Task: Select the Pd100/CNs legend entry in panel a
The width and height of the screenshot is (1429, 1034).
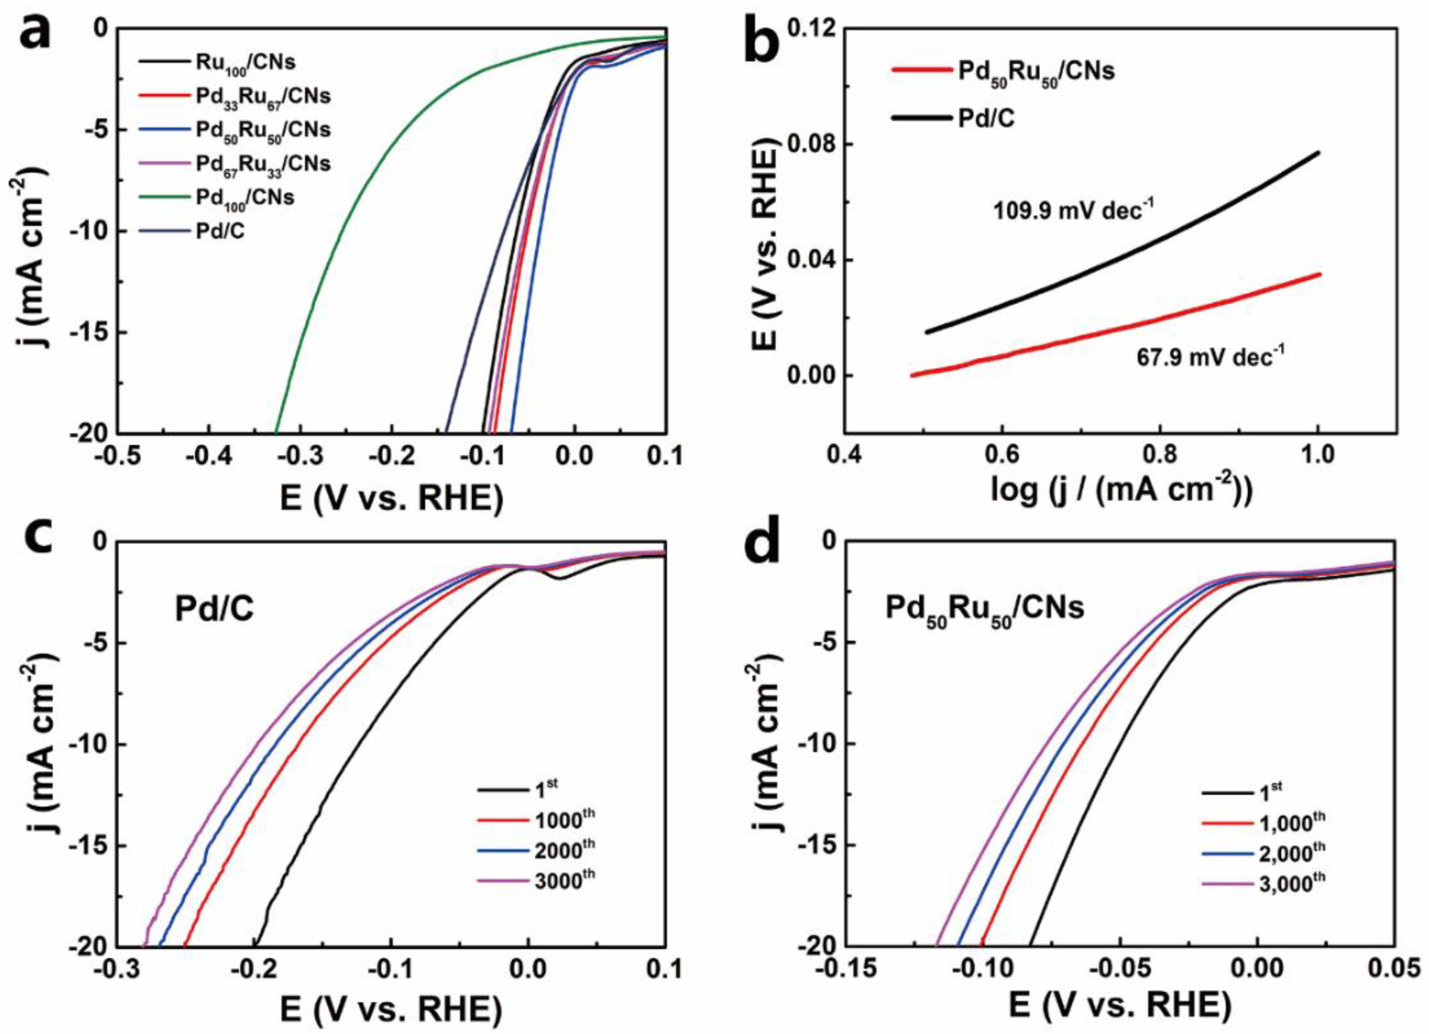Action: click(244, 198)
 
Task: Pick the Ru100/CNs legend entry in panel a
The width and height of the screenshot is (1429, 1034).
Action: click(244, 62)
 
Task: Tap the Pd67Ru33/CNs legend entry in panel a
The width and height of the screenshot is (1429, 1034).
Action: click(262, 164)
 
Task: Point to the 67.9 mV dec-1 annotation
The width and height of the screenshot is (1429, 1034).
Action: click(1210, 358)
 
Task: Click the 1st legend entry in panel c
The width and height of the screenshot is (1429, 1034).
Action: click(546, 788)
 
